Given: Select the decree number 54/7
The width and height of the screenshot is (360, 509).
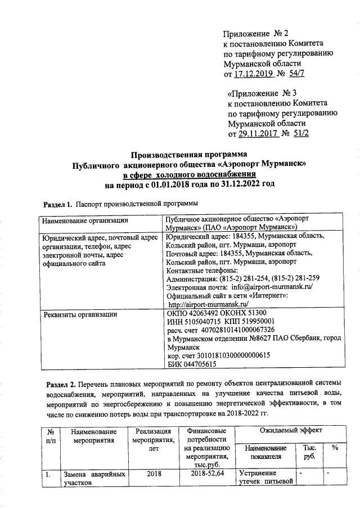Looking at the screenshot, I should point(298,74).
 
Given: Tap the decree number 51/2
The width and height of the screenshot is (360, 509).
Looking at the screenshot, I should point(300,133).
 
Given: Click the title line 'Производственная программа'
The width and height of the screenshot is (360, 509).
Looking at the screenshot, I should point(189,155).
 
